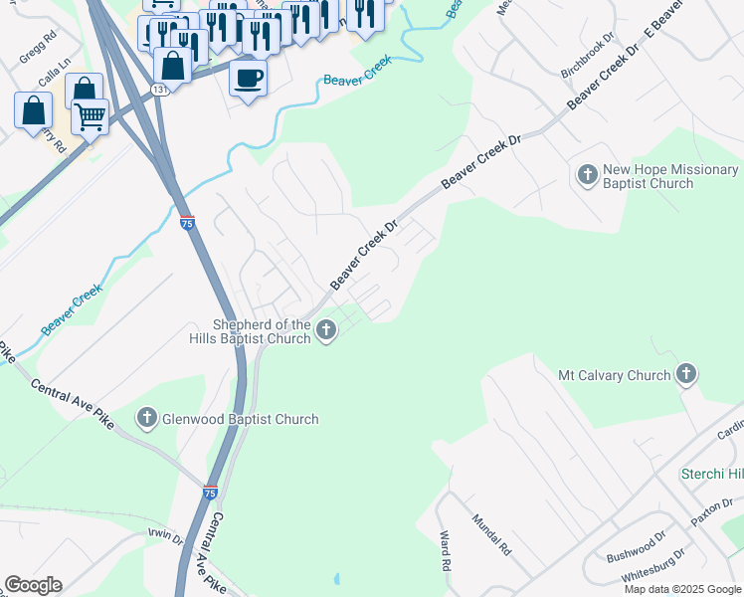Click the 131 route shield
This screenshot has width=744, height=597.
pyautogui.click(x=159, y=91)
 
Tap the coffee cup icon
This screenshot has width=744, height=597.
pyautogui.click(x=248, y=76)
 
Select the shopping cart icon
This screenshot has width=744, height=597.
pyautogui.click(x=90, y=115)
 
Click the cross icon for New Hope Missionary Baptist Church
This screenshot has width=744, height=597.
pyautogui.click(x=587, y=176)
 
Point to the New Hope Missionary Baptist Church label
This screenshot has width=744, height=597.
pyautogui.click(x=670, y=177)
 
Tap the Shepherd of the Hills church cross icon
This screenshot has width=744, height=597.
pyautogui.click(x=326, y=332)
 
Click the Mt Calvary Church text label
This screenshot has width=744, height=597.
pyautogui.click(x=614, y=375)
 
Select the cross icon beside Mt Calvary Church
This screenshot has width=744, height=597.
pyautogui.click(x=685, y=374)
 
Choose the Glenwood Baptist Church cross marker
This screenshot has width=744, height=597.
pyautogui.click(x=147, y=418)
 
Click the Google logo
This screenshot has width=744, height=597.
pyautogui.click(x=33, y=585)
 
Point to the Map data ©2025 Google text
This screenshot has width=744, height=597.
pyautogui.click(x=681, y=589)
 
